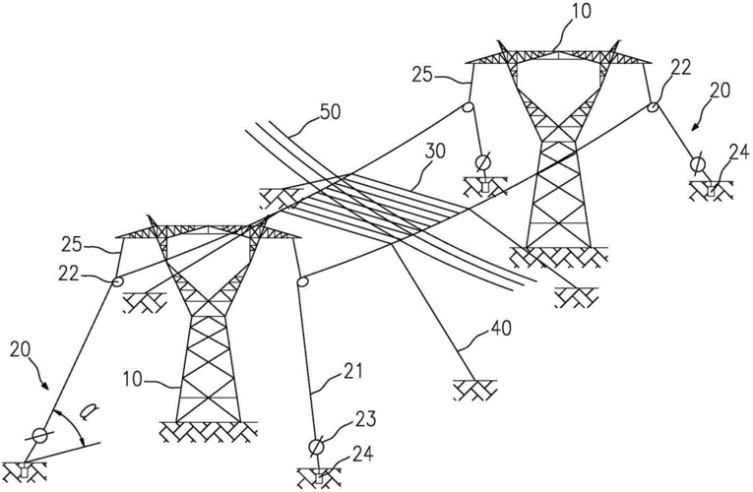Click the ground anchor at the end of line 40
(471, 391)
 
